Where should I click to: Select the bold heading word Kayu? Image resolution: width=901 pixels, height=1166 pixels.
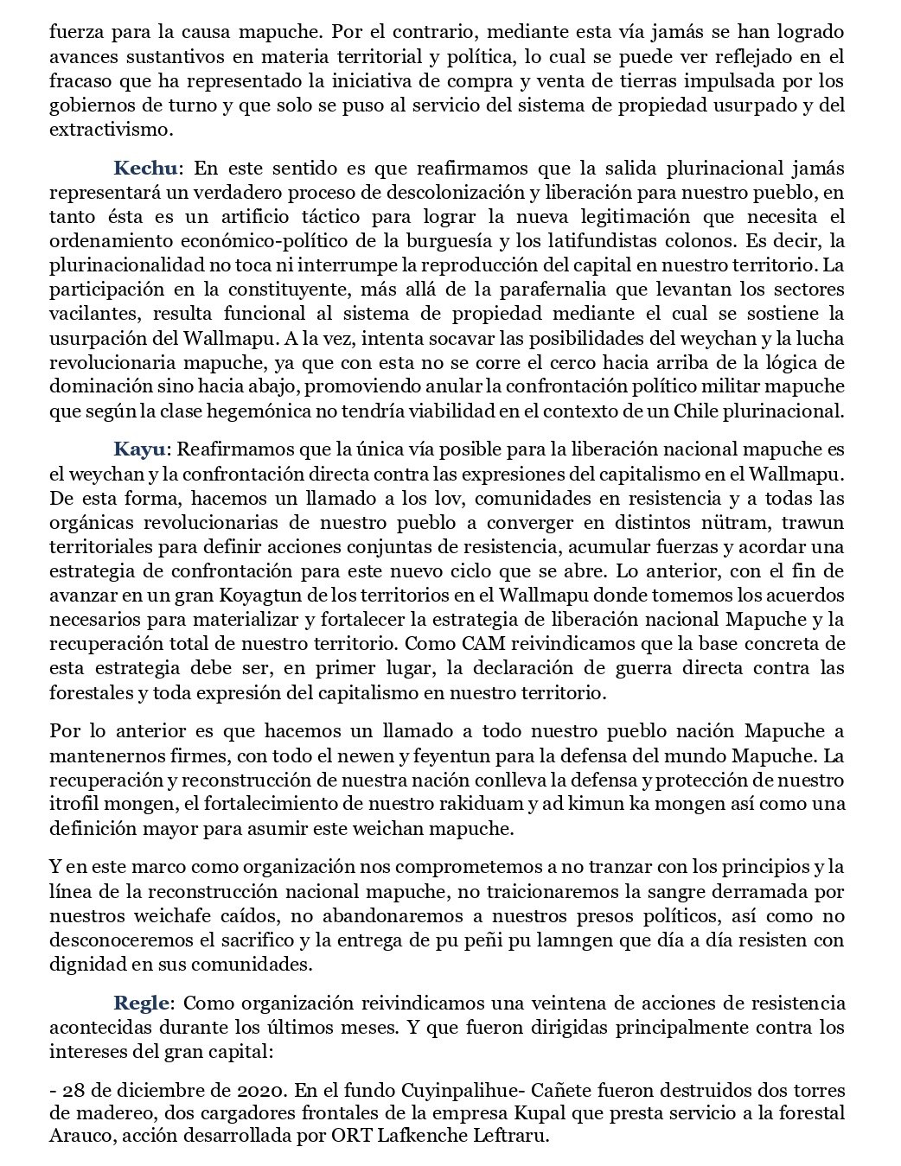click(143, 449)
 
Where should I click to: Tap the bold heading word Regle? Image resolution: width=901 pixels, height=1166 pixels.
click(144, 1004)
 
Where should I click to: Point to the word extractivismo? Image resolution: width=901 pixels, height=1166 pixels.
click(112, 131)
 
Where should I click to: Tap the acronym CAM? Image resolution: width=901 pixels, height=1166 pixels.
click(472, 644)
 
